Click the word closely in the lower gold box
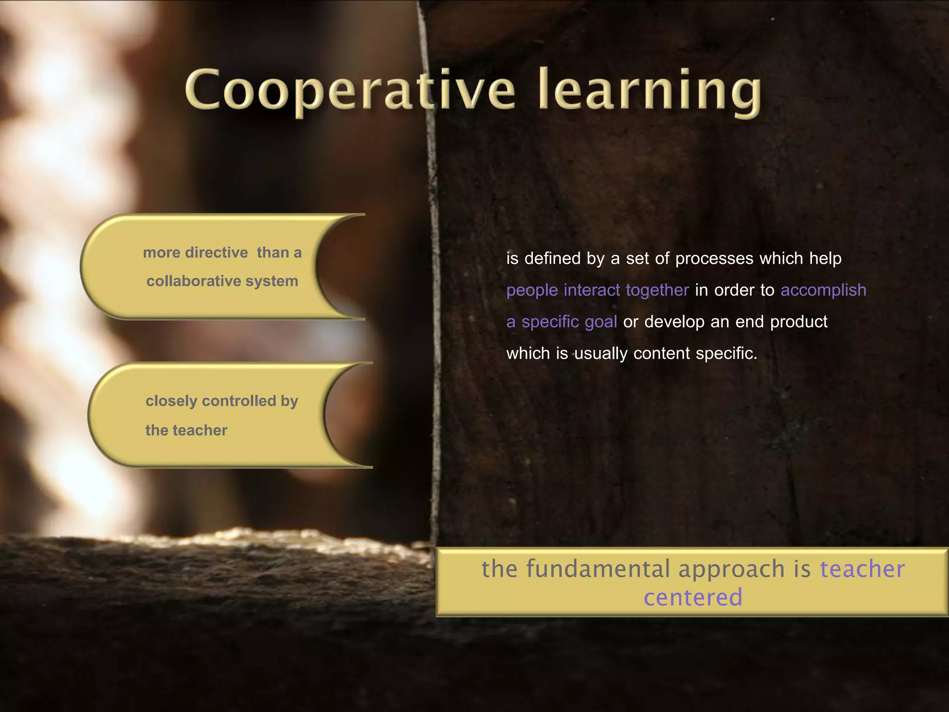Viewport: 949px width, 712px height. pyautogui.click(x=171, y=401)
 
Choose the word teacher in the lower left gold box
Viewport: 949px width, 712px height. pyautogui.click(x=200, y=430)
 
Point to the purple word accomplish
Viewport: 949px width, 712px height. pyautogui.click(x=823, y=290)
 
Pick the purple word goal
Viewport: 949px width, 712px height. pyautogui.click(x=601, y=322)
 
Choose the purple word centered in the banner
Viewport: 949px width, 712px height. pyautogui.click(x=693, y=597)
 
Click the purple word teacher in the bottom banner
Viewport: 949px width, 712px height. pyautogui.click(x=862, y=569)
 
